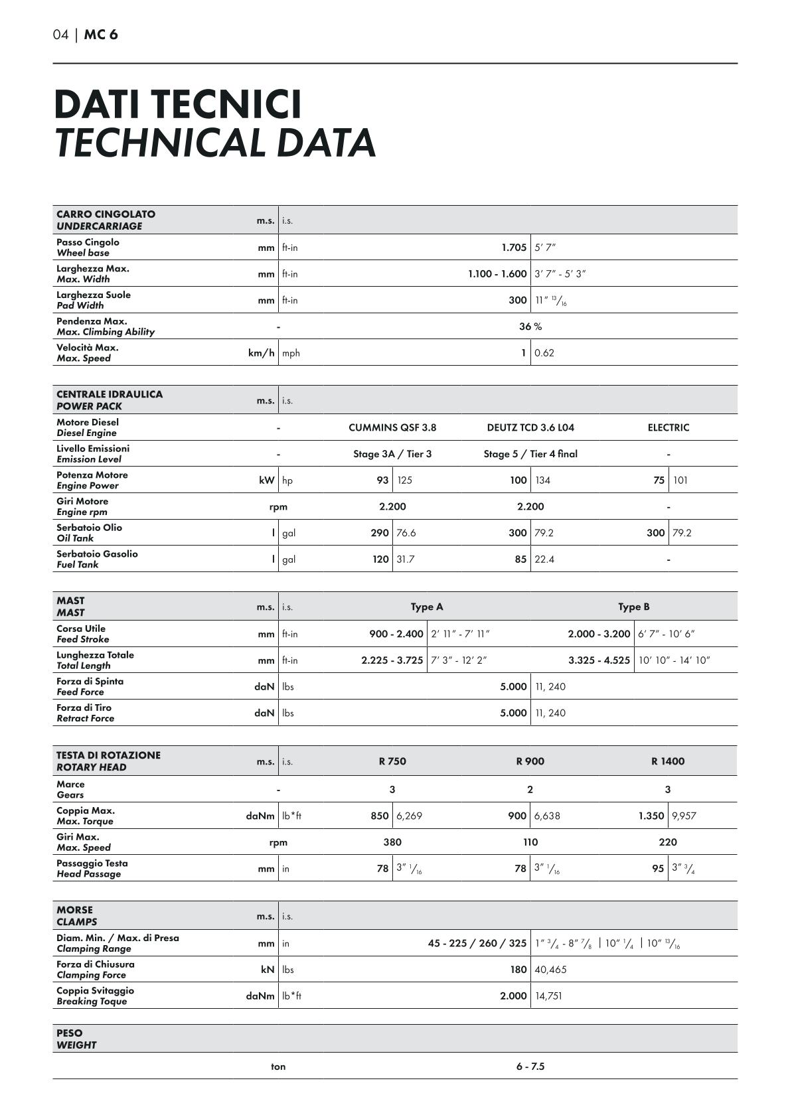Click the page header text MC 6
(x=101, y=35)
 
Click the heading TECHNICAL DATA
(x=215, y=143)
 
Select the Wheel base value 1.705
(x=514, y=248)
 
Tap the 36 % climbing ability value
(x=530, y=327)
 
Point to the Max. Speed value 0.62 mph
(x=544, y=353)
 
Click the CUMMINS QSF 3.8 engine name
(x=392, y=427)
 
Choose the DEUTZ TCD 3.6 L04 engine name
(x=530, y=427)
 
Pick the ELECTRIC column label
(x=669, y=427)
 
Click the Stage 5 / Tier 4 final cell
(x=530, y=454)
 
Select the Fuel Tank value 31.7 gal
(x=406, y=559)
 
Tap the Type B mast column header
(x=634, y=607)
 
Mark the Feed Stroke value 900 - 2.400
(x=396, y=634)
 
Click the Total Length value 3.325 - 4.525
(x=599, y=660)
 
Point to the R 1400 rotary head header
(x=668, y=761)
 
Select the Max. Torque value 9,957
(x=684, y=816)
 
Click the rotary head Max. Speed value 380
(x=392, y=842)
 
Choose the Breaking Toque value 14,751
(x=548, y=996)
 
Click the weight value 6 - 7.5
(x=530, y=1067)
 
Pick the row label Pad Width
(x=80, y=305)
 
